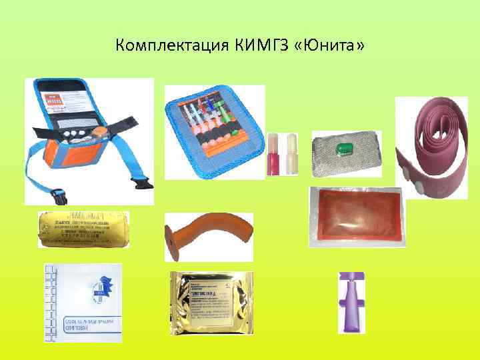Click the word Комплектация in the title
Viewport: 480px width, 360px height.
[x=171, y=46]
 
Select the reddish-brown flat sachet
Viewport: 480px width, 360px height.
[x=357, y=217]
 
